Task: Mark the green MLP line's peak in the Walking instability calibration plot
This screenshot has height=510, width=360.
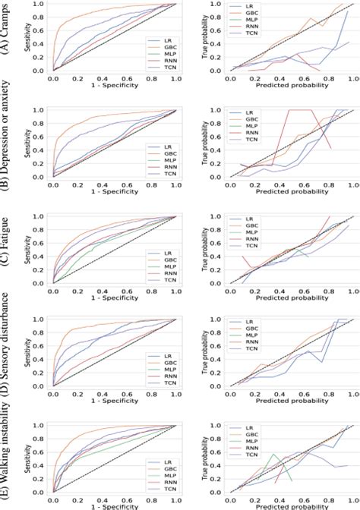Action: click(x=273, y=455)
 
